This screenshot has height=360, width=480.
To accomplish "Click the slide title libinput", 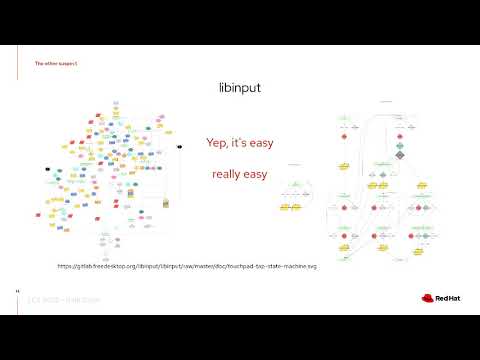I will point(239,87).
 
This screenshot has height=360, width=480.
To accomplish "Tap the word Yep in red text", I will point(217,143).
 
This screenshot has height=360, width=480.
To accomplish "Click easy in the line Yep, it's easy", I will point(261,143).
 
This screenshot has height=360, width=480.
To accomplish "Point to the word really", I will point(227,175).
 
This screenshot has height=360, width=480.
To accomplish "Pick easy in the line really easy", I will point(257,175).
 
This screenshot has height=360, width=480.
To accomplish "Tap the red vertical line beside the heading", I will point(29,63).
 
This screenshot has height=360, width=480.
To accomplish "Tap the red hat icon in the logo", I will point(416,296).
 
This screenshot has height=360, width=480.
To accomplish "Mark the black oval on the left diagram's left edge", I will point(47,169).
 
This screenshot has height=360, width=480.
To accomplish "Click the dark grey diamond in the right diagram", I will point(399,155).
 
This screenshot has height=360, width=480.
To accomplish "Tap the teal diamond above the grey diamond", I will point(399,146).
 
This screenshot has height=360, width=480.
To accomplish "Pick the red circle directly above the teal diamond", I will point(399,137).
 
